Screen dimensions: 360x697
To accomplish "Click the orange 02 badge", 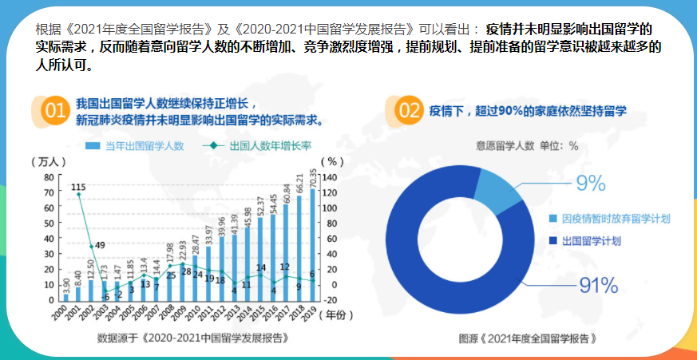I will click(x=408, y=112).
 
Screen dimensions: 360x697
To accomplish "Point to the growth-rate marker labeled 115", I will click(x=78, y=194).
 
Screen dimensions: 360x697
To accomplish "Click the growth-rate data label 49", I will click(x=100, y=245).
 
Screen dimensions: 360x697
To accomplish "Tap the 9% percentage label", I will click(x=590, y=184).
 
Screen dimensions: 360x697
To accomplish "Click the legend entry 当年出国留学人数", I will click(x=137, y=146).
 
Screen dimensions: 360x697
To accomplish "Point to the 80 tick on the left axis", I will click(x=48, y=176).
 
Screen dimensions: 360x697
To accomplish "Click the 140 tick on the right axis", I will click(x=333, y=176).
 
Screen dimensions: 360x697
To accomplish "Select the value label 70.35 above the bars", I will click(x=312, y=180).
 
